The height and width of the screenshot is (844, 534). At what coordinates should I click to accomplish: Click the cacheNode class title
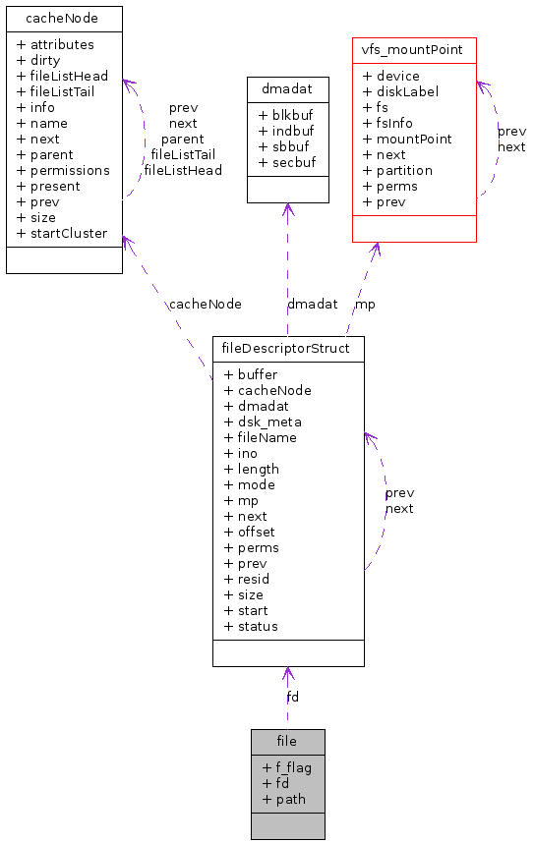[x=64, y=18]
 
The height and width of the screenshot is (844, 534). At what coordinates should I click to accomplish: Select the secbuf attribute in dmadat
[x=287, y=162]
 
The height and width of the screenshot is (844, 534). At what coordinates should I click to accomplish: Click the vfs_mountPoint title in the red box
[x=414, y=49]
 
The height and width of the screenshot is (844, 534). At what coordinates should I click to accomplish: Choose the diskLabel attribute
[x=400, y=91]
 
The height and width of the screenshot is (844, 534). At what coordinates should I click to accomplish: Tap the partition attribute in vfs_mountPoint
[x=397, y=170]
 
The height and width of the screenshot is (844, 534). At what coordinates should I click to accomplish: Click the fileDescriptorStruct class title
[x=288, y=348]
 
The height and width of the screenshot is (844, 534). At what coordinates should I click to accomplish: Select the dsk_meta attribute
[x=263, y=422]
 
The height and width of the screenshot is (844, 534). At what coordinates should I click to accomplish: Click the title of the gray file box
[x=287, y=741]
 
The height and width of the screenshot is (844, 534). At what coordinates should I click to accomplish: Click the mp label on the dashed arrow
[x=365, y=304]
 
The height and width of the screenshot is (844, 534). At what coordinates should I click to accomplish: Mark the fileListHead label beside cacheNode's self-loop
[x=183, y=170]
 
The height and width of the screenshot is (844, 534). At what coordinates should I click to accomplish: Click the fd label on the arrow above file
[x=292, y=697]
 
